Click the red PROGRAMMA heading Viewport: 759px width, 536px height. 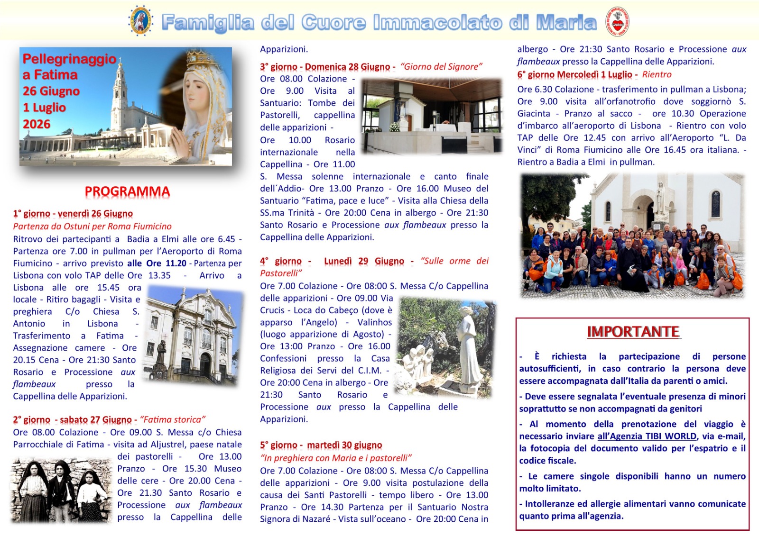click(x=127, y=191)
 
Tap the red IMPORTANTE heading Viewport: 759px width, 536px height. click(x=633, y=332)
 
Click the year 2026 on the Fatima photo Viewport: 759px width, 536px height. click(x=37, y=124)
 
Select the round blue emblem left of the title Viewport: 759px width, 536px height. click(x=141, y=21)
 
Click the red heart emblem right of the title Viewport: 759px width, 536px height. click(x=618, y=22)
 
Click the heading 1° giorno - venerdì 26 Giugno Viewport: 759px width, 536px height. click(x=73, y=214)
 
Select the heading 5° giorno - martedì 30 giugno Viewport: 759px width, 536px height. click(x=321, y=445)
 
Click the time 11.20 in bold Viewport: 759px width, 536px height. click(x=176, y=263)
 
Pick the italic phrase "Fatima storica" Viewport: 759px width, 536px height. click(x=173, y=419)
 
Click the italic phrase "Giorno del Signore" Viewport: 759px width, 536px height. click(x=441, y=67)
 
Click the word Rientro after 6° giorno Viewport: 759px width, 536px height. click(x=657, y=74)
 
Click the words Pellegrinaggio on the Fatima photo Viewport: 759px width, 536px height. click(x=69, y=59)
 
